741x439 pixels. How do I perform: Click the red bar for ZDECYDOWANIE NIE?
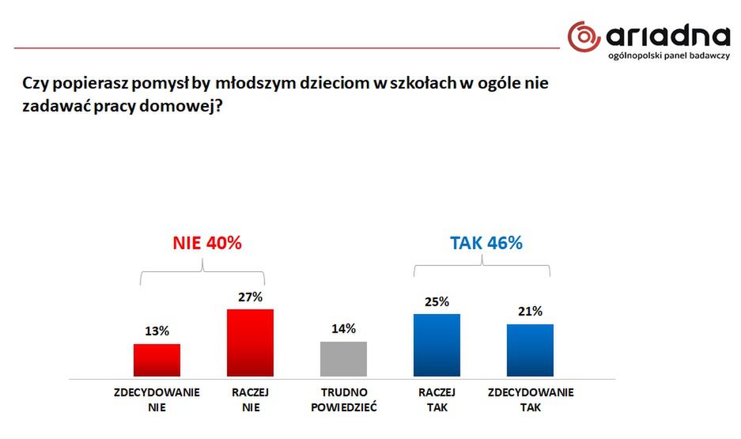tap(157, 360)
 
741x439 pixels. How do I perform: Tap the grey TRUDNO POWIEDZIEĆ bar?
tap(343, 358)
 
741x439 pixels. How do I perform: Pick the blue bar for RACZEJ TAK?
tap(437, 345)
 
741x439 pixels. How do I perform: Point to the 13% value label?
tap(157, 331)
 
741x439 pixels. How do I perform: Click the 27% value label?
tap(250, 297)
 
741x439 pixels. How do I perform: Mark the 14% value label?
tap(343, 328)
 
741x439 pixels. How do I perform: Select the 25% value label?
tap(437, 301)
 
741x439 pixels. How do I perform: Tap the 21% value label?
tap(530, 311)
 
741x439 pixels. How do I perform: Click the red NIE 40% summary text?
tap(206, 243)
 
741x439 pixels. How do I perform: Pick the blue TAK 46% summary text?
tap(486, 243)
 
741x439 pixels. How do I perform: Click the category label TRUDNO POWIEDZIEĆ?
tap(343, 400)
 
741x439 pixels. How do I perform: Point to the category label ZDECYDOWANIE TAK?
tap(531, 400)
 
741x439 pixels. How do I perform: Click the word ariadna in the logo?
tap(669, 36)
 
